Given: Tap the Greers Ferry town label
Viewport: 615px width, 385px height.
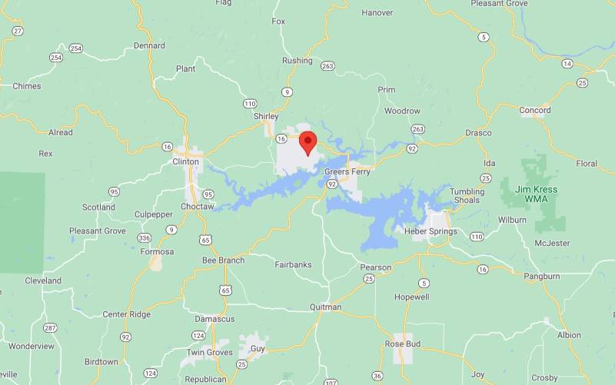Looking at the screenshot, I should (347, 171).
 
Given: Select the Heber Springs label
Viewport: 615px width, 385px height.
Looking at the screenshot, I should (430, 231).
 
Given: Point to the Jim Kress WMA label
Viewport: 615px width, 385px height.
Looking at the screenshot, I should (537, 194).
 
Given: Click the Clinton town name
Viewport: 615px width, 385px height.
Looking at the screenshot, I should (186, 161).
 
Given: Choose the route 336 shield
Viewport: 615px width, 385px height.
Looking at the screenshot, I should (144, 237).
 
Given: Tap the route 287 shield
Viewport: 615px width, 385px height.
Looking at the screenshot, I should (50, 328).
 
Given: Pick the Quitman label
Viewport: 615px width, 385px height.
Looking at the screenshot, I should (325, 307).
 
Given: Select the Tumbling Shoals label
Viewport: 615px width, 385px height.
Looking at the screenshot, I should (466, 196).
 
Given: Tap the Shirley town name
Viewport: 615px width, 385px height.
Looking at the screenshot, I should (266, 116).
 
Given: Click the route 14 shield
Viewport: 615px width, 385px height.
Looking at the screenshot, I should (567, 64).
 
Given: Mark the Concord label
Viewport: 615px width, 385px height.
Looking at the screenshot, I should (535, 110).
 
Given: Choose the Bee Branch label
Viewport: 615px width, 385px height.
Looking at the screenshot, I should (223, 261).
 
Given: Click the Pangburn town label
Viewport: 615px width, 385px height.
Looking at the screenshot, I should (542, 276).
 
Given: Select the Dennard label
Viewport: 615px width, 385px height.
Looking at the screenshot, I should (149, 45).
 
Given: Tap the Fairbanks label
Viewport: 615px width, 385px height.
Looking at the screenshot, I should (293, 264).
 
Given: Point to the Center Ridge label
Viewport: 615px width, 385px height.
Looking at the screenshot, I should (127, 314).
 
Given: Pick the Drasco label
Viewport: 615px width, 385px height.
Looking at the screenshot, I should (478, 133).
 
